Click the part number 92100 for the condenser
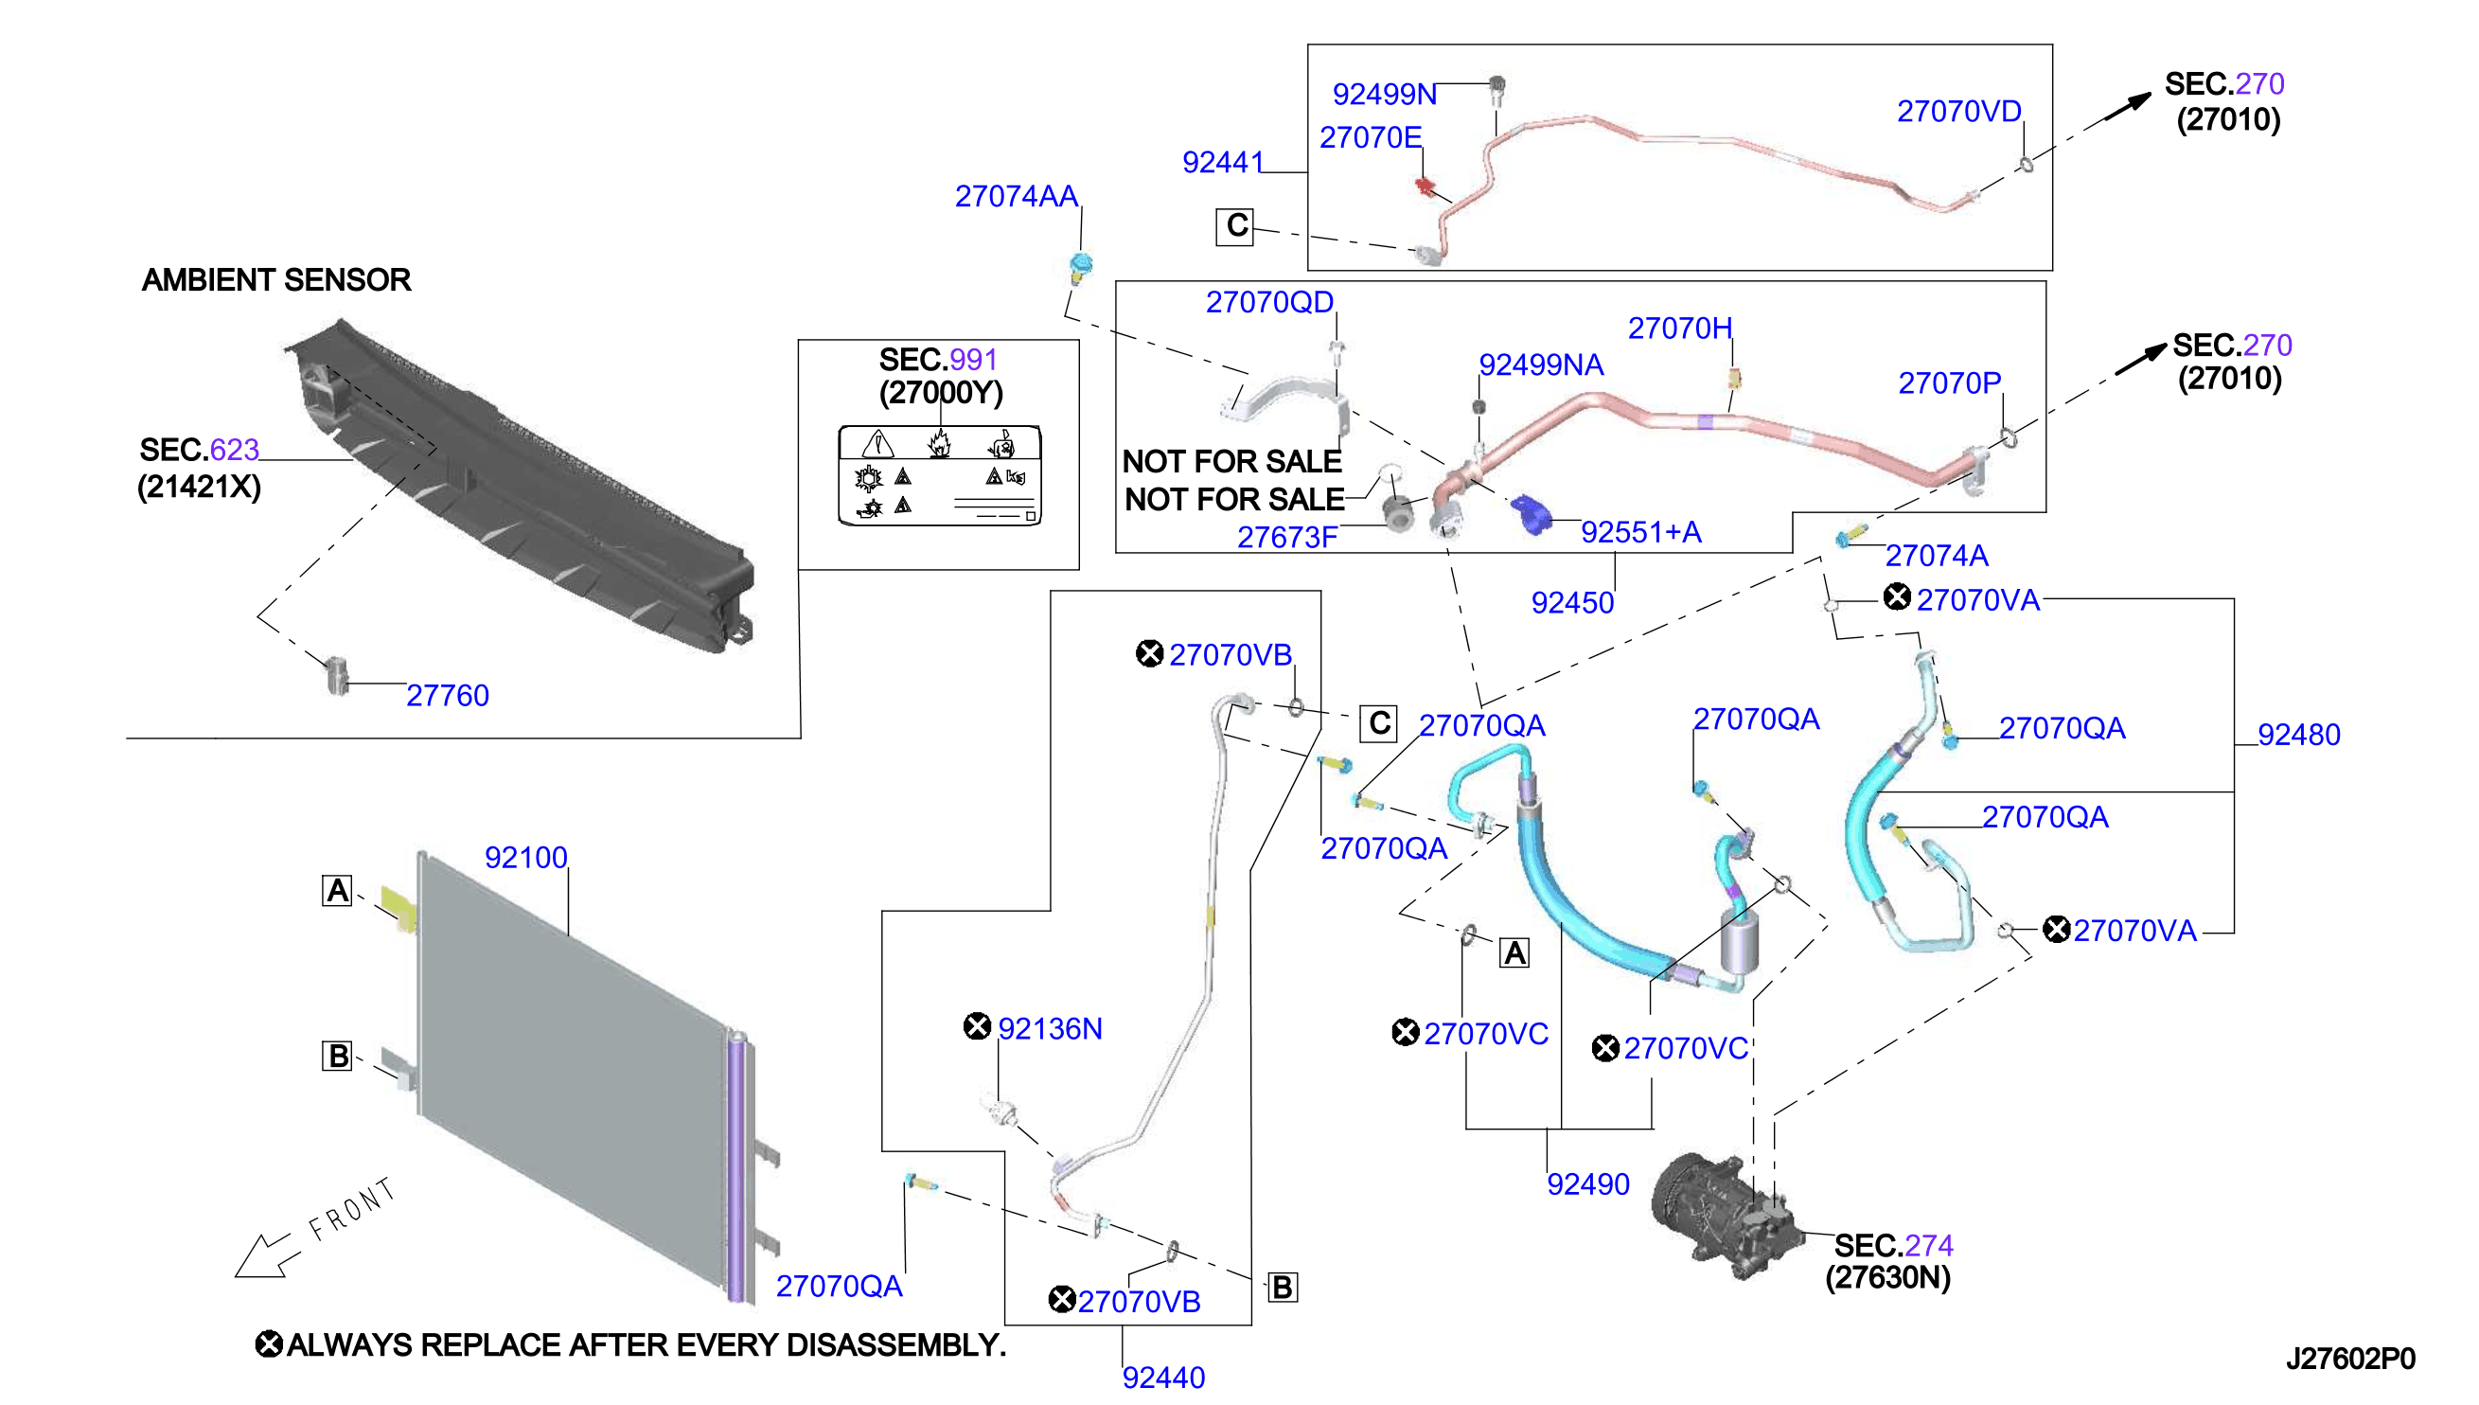(525, 857)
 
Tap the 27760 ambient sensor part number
(448, 695)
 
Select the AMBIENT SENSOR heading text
(275, 280)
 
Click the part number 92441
(1222, 162)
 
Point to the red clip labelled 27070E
(1425, 186)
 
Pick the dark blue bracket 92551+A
(1530, 513)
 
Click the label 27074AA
(1016, 196)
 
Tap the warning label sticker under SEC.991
(940, 474)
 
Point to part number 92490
(1587, 1184)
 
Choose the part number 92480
(2298, 735)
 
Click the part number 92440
(1163, 1377)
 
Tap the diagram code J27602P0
(2350, 1359)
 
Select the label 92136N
(1050, 1028)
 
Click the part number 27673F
(1286, 538)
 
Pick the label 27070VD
(1959, 111)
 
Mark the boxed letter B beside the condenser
(337, 1056)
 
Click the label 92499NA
(1541, 365)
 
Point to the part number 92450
(1572, 602)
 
